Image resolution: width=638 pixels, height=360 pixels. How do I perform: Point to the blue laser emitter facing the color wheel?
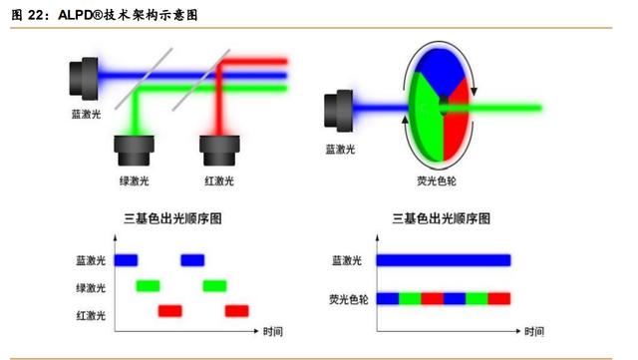[339, 111]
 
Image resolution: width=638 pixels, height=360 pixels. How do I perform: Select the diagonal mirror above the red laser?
[189, 84]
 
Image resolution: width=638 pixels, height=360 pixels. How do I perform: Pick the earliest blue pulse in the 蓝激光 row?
[126, 260]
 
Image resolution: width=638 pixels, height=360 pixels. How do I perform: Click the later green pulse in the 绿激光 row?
[215, 286]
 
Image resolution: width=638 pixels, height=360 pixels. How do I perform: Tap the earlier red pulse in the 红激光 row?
[170, 312]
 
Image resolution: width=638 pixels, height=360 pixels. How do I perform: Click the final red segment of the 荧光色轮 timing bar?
[499, 298]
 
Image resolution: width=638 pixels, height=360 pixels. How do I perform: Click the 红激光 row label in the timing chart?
[91, 313]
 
